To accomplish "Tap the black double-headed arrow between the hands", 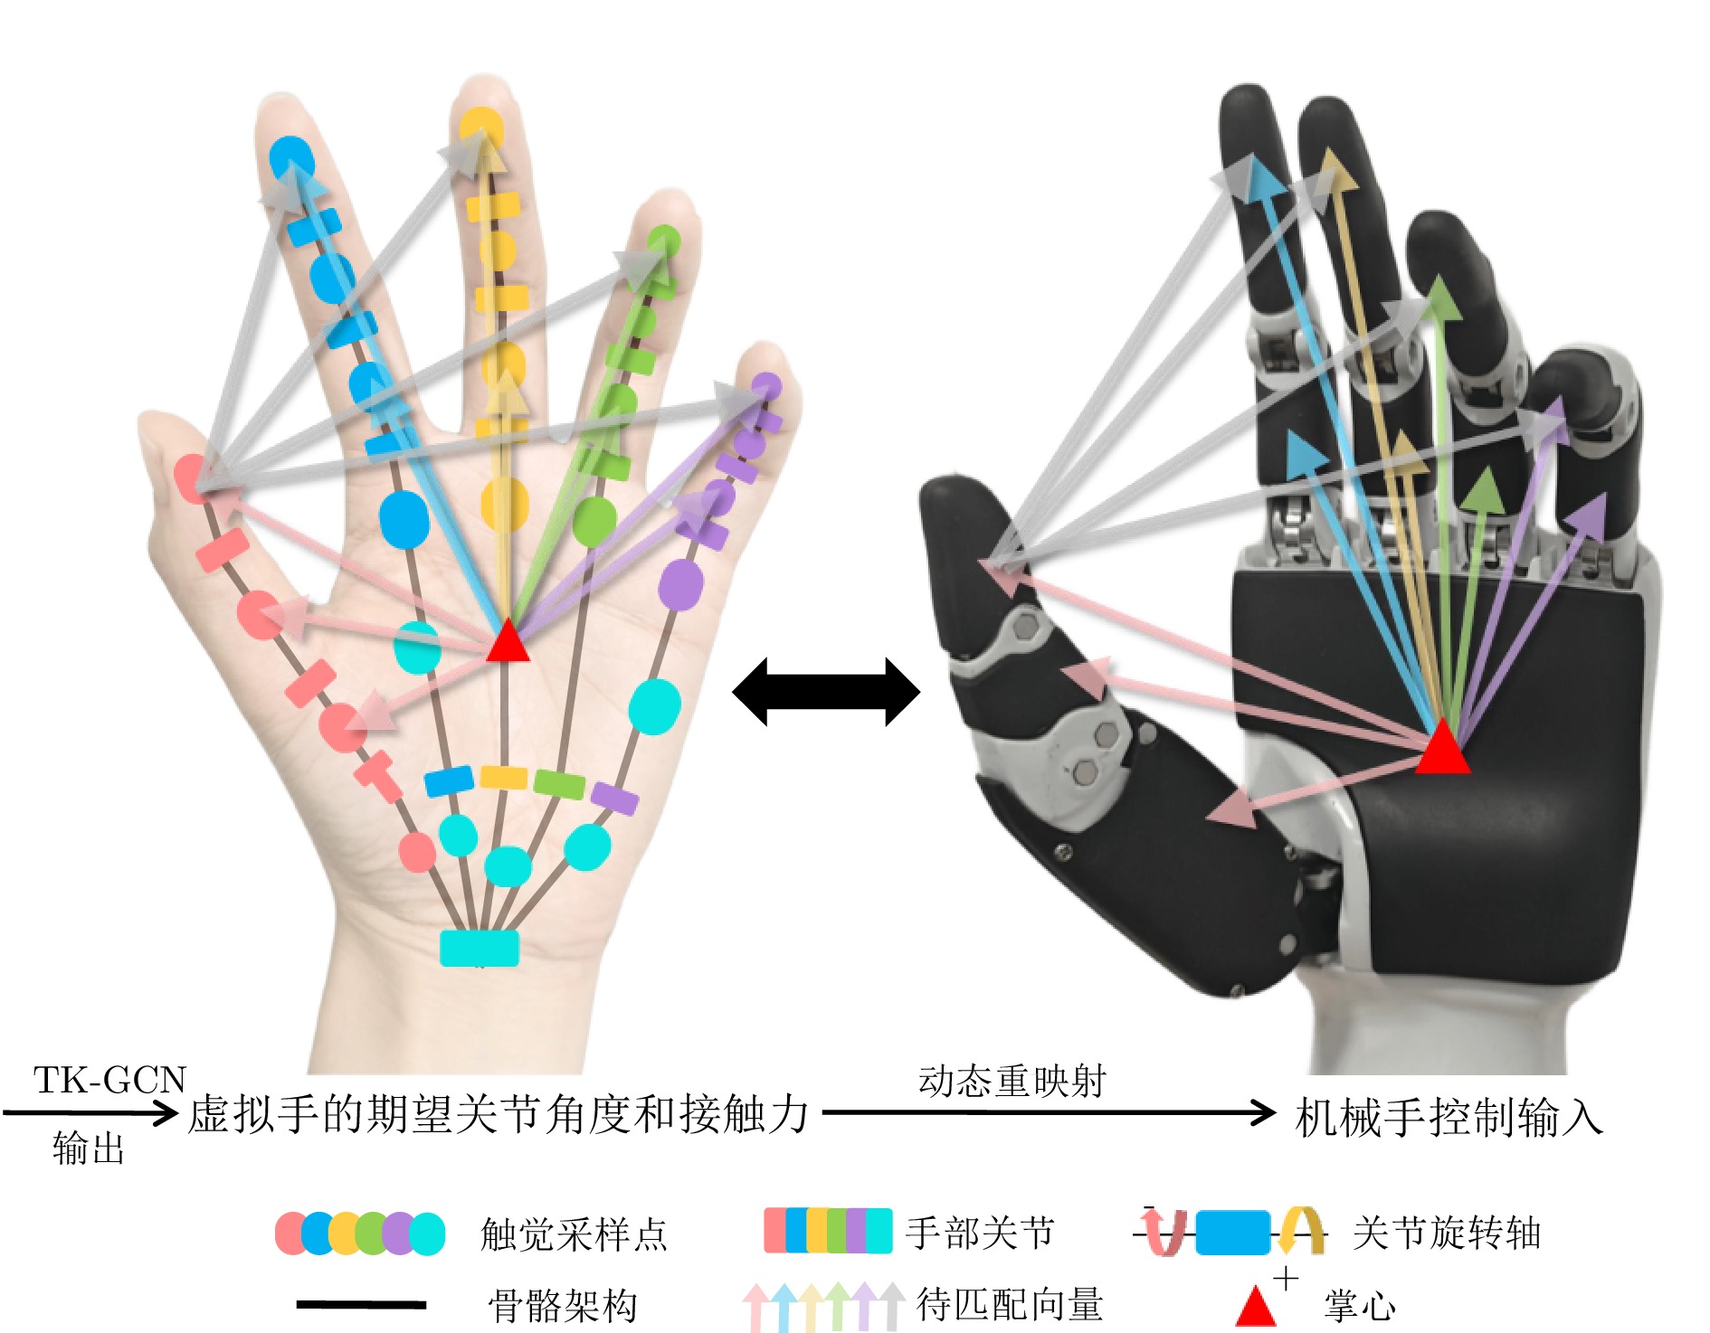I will pyautogui.click(x=825, y=692).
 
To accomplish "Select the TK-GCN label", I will pyautogui.click(x=109, y=1080).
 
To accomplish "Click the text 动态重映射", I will pyautogui.click(x=1012, y=1081).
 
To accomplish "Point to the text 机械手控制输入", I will pyautogui.click(x=1448, y=1118).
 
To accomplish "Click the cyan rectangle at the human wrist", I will pyautogui.click(x=480, y=948).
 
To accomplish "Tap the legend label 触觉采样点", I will pyautogui.click(x=574, y=1234).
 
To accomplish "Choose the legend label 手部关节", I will pyautogui.click(x=980, y=1232).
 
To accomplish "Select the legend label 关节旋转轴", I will pyautogui.click(x=1446, y=1232).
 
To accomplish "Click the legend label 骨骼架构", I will pyautogui.click(x=563, y=1305).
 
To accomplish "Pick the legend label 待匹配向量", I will pyautogui.click(x=1010, y=1304).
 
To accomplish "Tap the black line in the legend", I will pyautogui.click(x=361, y=1304).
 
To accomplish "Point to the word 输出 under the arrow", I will pyautogui.click(x=88, y=1148).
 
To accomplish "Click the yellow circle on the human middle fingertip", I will pyautogui.click(x=480, y=127).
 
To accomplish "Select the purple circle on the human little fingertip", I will pyautogui.click(x=767, y=386).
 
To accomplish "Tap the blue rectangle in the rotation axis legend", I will pyautogui.click(x=1232, y=1232).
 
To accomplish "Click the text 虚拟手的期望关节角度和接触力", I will pyautogui.click(x=498, y=1114).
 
